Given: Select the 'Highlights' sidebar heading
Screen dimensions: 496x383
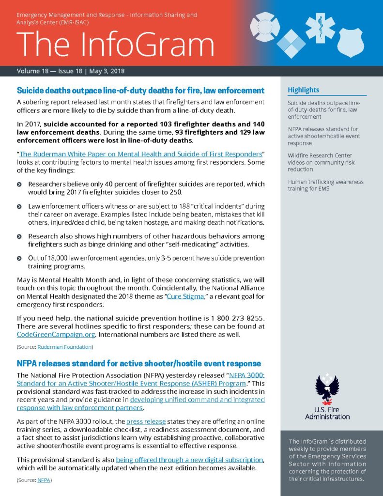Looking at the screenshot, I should pos(304,90).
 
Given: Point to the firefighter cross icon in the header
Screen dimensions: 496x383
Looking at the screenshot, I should pos(265,27).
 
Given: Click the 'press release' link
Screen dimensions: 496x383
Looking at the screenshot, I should pos(148,421).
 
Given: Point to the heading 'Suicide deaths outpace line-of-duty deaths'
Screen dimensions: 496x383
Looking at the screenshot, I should pos(140,91).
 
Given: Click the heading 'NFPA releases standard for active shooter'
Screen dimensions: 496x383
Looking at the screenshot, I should pos(139,363).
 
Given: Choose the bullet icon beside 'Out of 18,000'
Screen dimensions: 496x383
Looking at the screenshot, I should pos(19,259).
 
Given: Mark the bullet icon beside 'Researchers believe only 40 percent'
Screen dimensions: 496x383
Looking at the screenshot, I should pos(19,185).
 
